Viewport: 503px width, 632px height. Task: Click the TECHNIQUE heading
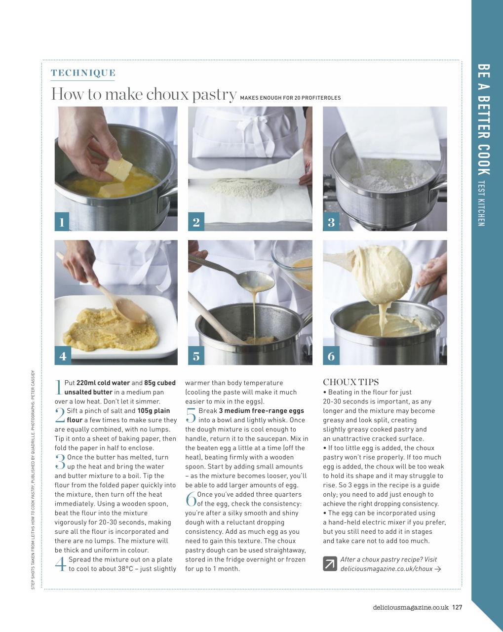(83, 73)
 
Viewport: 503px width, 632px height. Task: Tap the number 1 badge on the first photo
(62, 222)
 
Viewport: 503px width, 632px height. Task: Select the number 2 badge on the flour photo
(196, 222)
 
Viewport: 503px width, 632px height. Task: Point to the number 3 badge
(331, 222)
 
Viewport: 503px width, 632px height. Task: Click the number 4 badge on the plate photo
(62, 356)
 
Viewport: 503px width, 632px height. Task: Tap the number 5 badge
(196, 356)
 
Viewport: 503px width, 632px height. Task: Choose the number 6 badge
(331, 356)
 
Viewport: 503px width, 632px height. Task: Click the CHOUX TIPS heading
(350, 382)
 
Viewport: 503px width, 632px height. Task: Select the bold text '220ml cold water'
(103, 383)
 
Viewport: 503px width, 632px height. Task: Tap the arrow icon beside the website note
(330, 564)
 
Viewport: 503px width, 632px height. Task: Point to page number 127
(457, 607)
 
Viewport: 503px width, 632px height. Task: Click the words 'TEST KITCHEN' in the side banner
(481, 203)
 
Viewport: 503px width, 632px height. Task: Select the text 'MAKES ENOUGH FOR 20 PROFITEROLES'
(290, 98)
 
